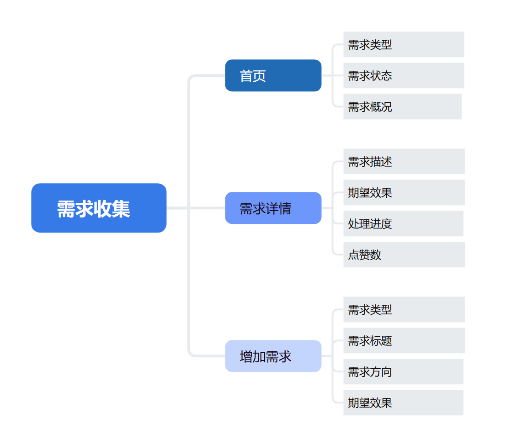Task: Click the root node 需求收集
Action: [99, 208]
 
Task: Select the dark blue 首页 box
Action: [273, 75]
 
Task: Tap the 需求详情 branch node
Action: [273, 208]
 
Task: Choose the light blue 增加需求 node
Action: [273, 356]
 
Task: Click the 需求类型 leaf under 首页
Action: [404, 44]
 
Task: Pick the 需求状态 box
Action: [404, 75]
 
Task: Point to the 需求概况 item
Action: [402, 107]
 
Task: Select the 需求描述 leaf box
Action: [404, 161]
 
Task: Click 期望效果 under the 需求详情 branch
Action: [404, 192]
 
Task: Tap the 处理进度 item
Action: [403, 223]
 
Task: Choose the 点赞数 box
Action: [404, 254]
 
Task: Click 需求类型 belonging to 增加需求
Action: [404, 309]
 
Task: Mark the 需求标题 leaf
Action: [404, 340]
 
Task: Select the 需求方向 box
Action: [403, 371]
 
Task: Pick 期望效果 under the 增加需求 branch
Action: [403, 403]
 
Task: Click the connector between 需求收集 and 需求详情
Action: [196, 208]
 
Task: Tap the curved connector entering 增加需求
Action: [189, 326]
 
